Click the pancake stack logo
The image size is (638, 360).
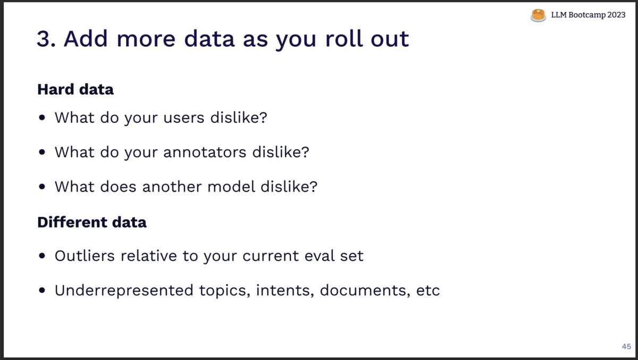538,15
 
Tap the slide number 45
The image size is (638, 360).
626,346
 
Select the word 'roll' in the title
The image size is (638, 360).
344,38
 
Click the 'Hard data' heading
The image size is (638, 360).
75,89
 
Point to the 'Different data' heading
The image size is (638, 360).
92,222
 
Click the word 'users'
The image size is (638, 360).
184,118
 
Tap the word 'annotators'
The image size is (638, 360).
205,152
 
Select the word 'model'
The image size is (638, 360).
231,187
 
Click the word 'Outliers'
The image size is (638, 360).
85,255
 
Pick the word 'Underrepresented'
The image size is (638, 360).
124,290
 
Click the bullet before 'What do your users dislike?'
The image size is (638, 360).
42,118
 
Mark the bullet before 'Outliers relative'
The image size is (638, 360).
42,256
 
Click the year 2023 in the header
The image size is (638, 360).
616,15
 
